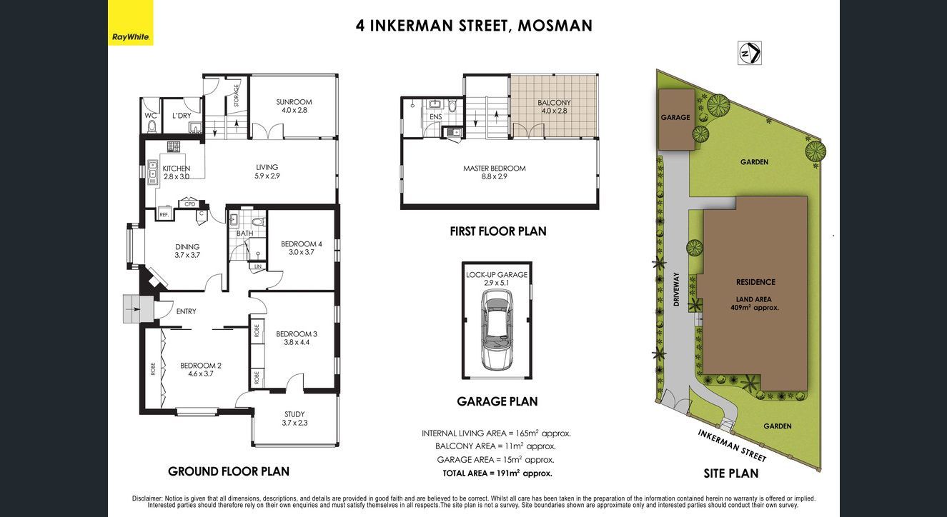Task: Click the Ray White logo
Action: pos(131,23)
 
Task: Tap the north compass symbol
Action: pos(750,53)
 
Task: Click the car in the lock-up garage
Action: pos(497,331)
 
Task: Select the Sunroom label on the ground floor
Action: pos(294,102)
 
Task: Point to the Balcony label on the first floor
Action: pos(554,103)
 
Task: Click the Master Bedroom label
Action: pos(494,168)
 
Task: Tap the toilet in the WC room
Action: pos(152,126)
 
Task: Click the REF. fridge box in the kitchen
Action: pos(164,214)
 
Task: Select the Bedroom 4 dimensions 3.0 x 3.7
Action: pos(302,252)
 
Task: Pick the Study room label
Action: pos(294,414)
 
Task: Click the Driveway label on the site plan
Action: pos(676,289)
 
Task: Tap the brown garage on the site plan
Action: pos(675,119)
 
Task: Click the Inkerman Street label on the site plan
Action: pos(731,446)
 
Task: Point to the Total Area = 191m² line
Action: pos(497,473)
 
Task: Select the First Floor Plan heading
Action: pos(498,231)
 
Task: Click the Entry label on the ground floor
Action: pos(186,311)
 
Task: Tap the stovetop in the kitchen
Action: pos(174,146)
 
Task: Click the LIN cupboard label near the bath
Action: pos(258,266)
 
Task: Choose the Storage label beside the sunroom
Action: pos(237,96)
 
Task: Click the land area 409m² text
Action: pos(754,303)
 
